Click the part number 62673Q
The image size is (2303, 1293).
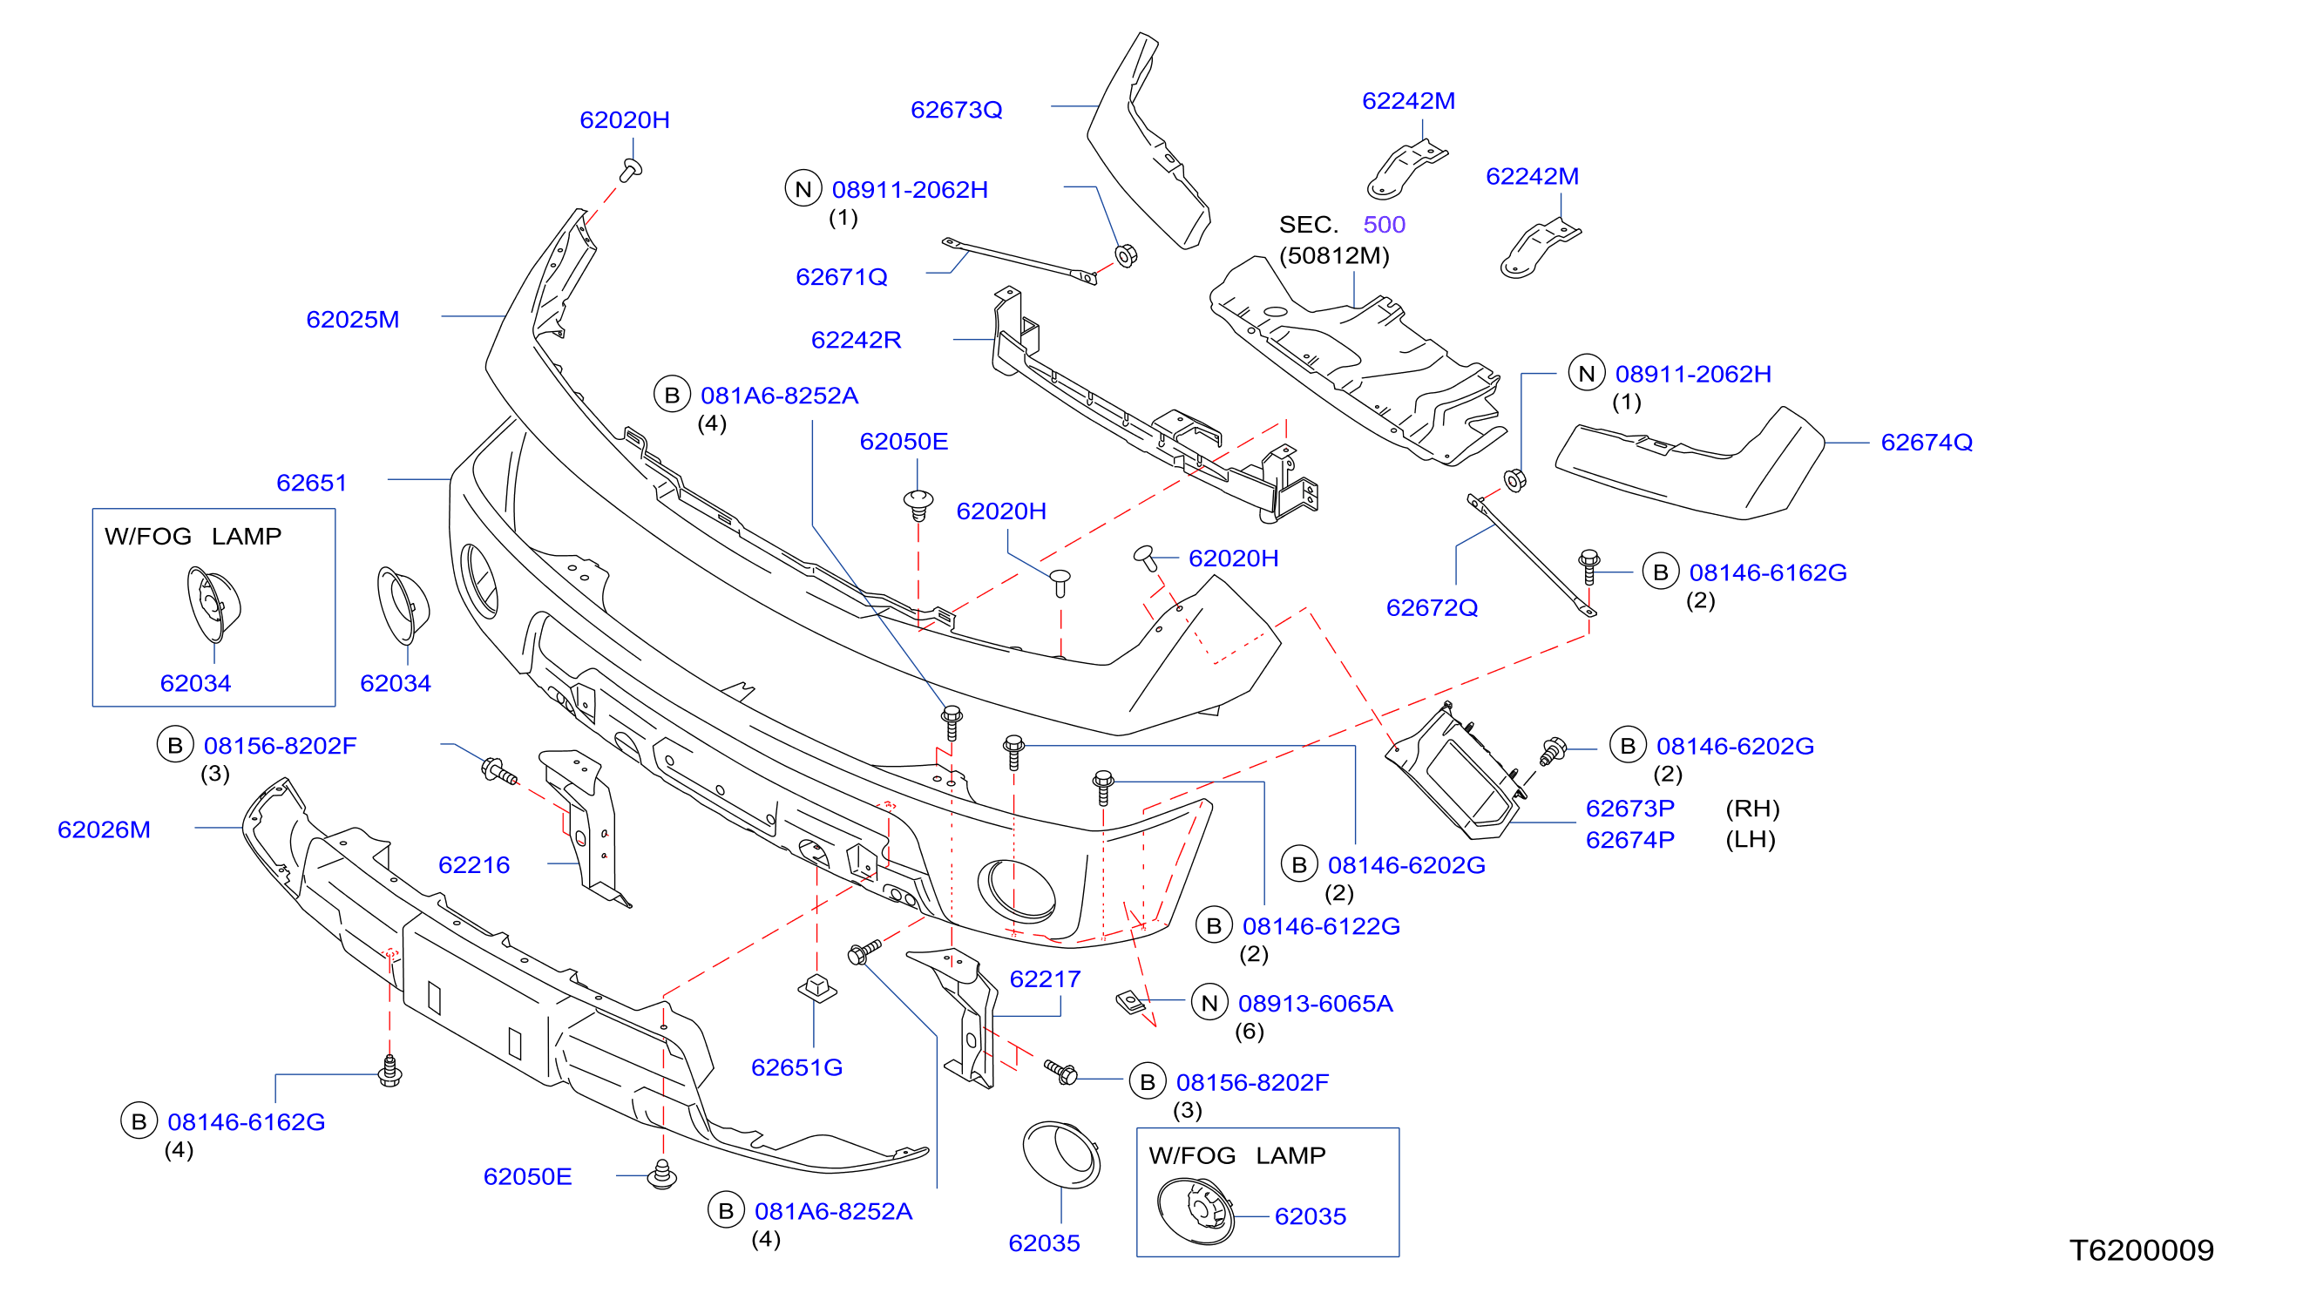[x=956, y=110]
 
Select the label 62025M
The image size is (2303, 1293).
[x=352, y=319]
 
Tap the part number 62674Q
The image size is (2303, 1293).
[x=1926, y=442]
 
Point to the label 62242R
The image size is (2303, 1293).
[x=856, y=340]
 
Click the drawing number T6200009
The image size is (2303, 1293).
[x=2141, y=1249]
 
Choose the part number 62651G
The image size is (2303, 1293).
[x=796, y=1066]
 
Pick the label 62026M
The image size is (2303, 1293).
[x=104, y=829]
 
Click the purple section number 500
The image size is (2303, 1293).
[x=1384, y=225]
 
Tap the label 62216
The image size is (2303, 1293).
[x=474, y=864]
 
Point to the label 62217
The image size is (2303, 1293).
[x=1044, y=978]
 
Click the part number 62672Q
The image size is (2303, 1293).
[x=1432, y=607]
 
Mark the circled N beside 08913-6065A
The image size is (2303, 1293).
[x=1209, y=1003]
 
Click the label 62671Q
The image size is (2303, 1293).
[x=841, y=276]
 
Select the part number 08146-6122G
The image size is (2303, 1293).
[x=1320, y=925]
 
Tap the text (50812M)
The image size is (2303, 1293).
[x=1334, y=256]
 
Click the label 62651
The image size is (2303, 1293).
[x=311, y=483]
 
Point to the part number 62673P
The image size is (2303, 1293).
[x=1629, y=809]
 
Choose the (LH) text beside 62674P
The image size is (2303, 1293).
[x=1750, y=840]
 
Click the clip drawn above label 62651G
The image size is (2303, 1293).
[x=816, y=988]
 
